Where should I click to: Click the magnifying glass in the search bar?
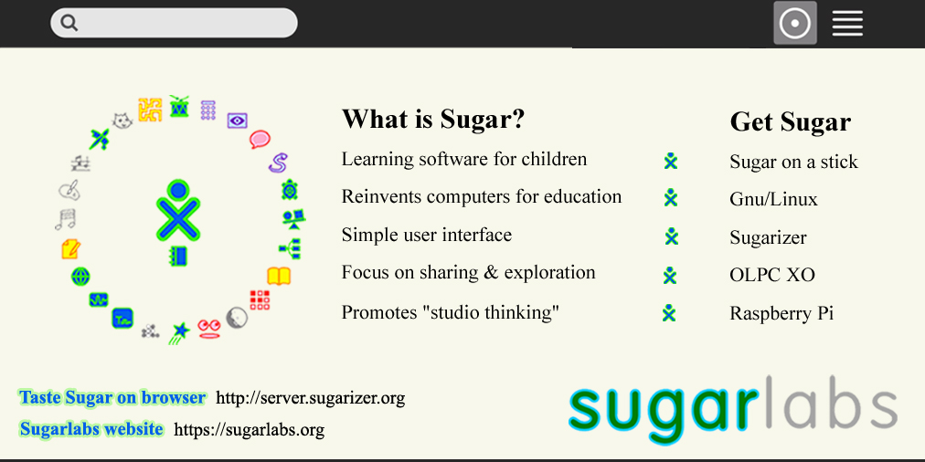coord(69,23)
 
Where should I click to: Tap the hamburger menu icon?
coord(847,24)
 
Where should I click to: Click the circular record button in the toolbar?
coord(795,23)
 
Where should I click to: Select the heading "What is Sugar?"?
coord(433,120)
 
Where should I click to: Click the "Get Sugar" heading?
coord(790,122)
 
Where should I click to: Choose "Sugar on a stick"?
coord(793,162)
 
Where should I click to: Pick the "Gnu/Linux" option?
coord(773,199)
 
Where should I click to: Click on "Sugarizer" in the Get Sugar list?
coord(768,237)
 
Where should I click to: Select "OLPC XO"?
coord(772,275)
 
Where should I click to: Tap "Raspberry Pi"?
coord(781,313)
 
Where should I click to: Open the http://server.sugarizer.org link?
coord(310,398)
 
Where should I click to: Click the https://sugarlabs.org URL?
coord(249,430)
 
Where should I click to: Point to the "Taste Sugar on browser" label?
coord(112,397)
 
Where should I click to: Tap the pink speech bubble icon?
coord(260,139)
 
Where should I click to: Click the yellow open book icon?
coord(279,276)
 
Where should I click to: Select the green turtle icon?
coord(289,190)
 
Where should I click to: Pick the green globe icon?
coord(80,276)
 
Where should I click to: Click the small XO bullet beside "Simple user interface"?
coord(671,236)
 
